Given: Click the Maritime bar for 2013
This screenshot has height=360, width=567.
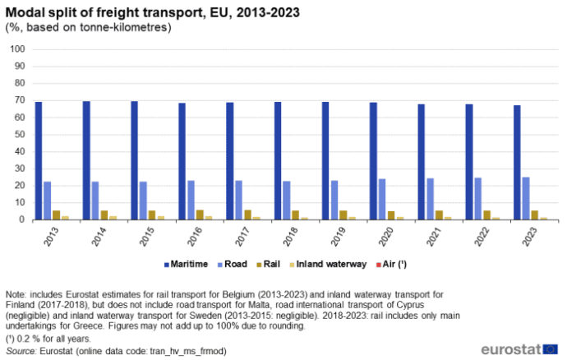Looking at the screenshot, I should [39, 161].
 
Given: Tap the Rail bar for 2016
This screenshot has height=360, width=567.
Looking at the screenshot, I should [201, 215].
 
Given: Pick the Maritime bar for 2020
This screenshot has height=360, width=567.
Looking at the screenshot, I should [373, 161].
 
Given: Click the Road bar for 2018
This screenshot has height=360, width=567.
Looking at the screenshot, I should [287, 201].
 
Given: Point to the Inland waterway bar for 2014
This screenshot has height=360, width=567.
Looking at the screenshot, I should [113, 218].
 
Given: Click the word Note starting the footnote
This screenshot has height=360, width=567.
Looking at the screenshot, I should [16, 293].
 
